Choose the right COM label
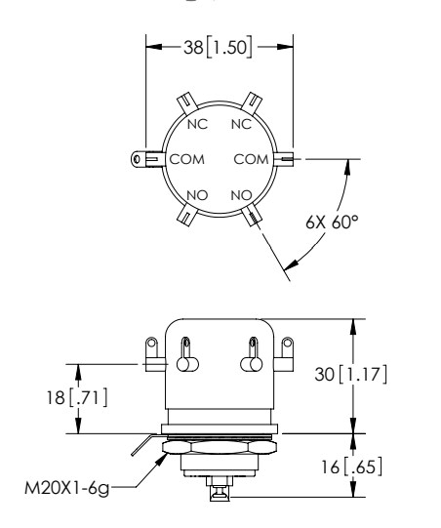point(252,157)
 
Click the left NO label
point(197,194)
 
